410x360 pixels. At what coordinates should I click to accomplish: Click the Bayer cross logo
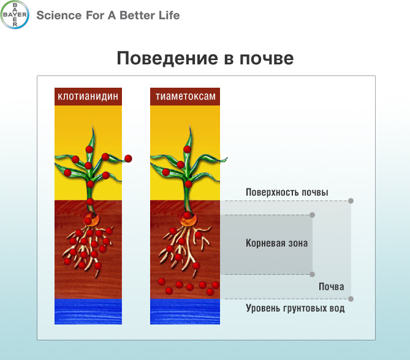15,15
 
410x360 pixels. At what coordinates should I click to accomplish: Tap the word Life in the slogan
169,15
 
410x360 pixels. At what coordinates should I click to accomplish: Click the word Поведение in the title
167,58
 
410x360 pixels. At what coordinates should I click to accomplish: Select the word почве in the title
267,58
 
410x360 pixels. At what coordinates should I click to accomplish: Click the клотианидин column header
88,96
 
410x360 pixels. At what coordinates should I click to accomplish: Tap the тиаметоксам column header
185,96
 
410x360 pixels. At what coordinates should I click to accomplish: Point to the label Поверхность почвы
287,193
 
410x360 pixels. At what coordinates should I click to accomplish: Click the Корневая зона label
276,243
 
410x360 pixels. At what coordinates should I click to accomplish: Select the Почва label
332,287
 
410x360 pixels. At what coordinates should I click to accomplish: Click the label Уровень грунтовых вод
295,308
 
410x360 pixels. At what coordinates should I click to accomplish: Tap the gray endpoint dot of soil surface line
351,201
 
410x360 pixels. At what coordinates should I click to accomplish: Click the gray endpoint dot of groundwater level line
351,299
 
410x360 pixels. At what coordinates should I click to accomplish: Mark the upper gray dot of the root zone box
312,215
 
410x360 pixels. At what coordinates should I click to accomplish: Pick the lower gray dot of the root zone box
312,275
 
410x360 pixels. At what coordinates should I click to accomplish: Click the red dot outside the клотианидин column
128,158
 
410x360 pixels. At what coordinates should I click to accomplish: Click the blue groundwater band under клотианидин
88,312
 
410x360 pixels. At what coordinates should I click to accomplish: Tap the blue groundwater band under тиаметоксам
185,312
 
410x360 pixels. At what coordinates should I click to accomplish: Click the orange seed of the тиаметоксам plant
188,218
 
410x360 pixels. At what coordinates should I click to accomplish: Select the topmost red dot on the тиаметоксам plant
187,150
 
